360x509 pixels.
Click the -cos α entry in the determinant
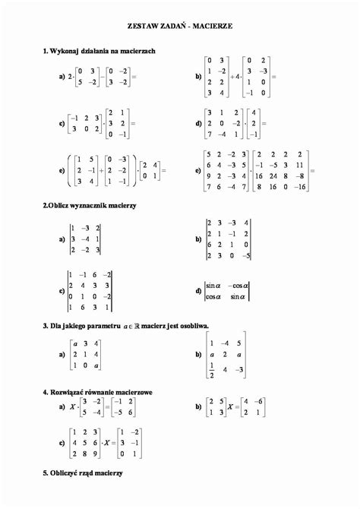click(237, 285)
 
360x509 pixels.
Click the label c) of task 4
click(61, 441)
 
